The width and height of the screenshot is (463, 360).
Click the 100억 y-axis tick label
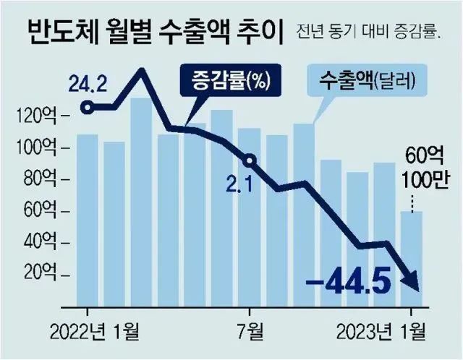pos(42,148)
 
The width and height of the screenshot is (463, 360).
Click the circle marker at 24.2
pos(88,108)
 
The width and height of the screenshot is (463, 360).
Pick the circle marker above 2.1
pos(250,160)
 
